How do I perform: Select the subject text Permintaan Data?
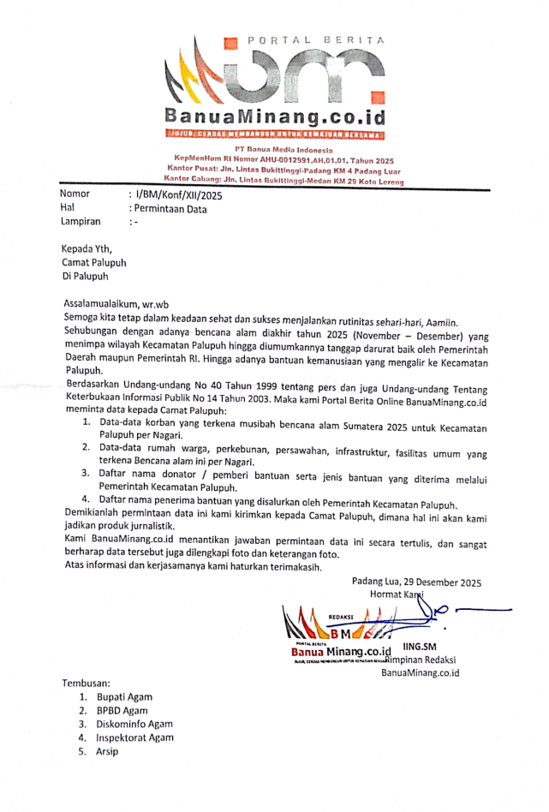click(168, 208)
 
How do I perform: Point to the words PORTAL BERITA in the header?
click(316, 40)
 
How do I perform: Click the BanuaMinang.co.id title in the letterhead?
click(274, 115)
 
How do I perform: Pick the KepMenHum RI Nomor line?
click(283, 159)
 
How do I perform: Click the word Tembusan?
click(87, 684)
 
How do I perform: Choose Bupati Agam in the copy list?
click(124, 697)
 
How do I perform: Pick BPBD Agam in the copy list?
click(122, 711)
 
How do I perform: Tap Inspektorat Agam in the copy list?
click(135, 737)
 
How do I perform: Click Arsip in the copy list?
click(107, 751)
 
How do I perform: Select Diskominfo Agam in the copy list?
click(134, 725)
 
